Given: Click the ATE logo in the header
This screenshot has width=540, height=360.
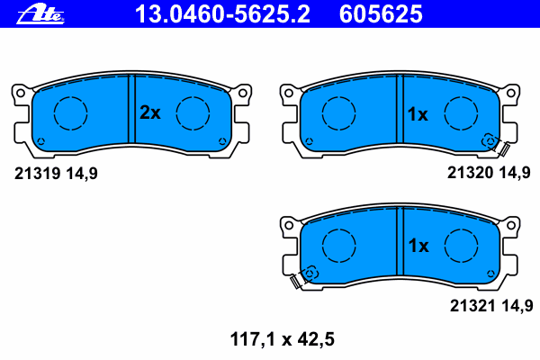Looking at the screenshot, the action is click(40, 13).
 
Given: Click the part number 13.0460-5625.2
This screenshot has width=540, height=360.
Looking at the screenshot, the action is click(222, 14).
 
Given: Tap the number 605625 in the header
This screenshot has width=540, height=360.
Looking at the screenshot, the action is click(381, 14).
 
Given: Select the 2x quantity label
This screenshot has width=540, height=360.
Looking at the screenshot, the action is click(149, 112).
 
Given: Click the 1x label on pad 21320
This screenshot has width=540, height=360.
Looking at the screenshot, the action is click(418, 114).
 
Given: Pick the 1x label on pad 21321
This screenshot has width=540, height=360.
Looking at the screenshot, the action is click(418, 246).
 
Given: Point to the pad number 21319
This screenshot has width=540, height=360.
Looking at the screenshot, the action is click(38, 174).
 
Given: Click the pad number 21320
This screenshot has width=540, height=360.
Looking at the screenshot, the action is click(470, 172).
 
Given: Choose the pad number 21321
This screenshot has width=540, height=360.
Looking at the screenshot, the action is click(472, 306).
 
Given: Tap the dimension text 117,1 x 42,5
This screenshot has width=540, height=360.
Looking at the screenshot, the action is click(282, 339).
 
